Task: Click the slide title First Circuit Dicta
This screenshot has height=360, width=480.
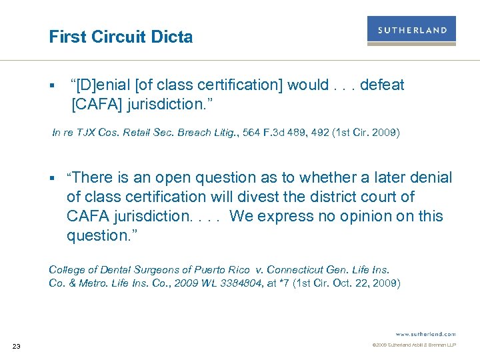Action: pyautogui.click(x=121, y=37)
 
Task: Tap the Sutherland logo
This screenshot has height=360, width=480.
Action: pyautogui.click(x=411, y=31)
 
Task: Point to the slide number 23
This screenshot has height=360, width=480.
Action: pyautogui.click(x=17, y=345)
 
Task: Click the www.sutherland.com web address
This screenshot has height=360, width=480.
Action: pyautogui.click(x=425, y=333)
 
